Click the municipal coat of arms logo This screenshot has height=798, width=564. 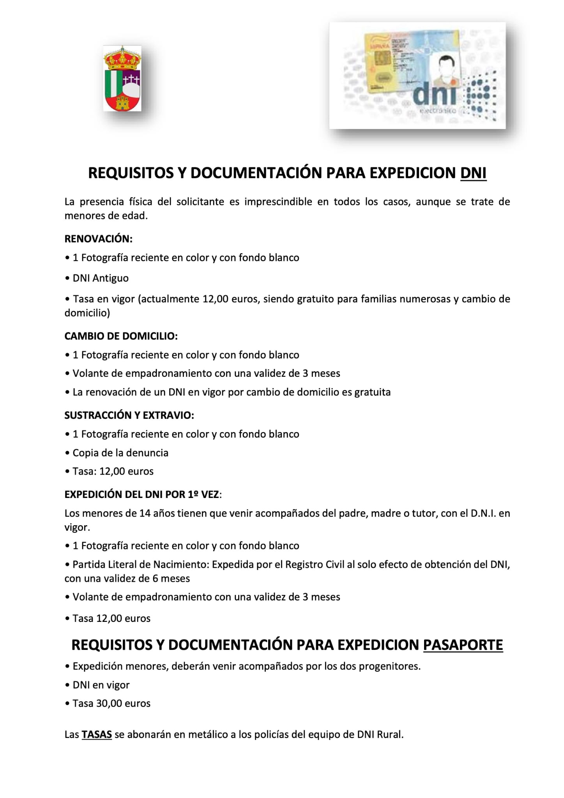click(122, 79)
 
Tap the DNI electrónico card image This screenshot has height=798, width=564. click(417, 75)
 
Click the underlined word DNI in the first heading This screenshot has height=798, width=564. click(473, 173)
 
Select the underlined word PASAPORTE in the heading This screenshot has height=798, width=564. click(463, 645)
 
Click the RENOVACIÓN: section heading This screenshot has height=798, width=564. click(98, 239)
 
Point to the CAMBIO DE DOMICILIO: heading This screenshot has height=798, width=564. click(121, 336)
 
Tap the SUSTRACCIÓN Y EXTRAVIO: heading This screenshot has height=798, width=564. click(129, 415)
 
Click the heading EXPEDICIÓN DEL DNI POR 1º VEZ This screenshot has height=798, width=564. click(142, 494)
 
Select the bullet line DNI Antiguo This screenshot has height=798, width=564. click(100, 278)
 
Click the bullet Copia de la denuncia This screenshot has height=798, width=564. click(120, 453)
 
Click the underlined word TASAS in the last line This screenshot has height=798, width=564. click(97, 734)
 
